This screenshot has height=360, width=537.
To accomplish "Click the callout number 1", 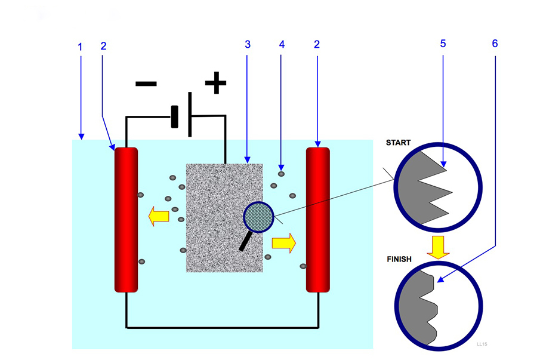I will pos(81,46).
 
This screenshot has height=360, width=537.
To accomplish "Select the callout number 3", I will pos(247,45).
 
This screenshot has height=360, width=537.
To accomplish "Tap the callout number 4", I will pos(281,45).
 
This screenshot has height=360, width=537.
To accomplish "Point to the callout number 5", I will pos(443,44).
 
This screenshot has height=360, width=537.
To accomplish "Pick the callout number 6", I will pos(495,44).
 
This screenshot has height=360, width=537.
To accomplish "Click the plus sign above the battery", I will pos(215,83).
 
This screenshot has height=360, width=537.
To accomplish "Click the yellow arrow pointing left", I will pos(159,216).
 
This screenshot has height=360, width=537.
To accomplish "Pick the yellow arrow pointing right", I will pos(283,242).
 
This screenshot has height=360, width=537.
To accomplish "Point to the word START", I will pos(399,143).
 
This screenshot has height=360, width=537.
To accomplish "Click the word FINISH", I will pos(400,260).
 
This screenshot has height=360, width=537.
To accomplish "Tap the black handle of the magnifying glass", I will pos(245,241).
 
